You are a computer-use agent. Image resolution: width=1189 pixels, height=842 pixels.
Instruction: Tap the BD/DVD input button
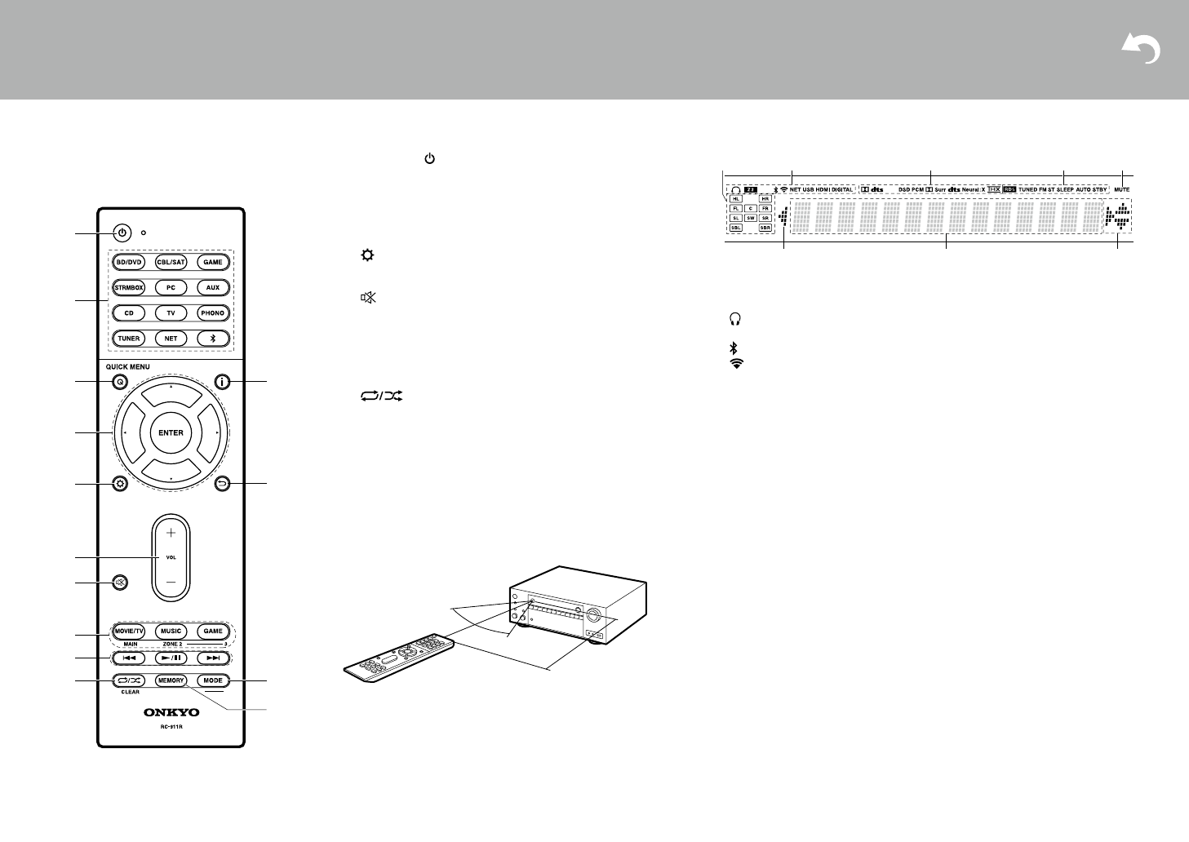[129, 263]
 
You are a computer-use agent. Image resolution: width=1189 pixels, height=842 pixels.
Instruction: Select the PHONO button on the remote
[213, 313]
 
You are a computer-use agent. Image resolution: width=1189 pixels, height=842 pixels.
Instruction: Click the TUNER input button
[129, 339]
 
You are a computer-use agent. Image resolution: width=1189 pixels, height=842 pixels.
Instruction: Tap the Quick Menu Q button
[121, 382]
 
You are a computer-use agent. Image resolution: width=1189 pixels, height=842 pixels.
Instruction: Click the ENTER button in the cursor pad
[171, 433]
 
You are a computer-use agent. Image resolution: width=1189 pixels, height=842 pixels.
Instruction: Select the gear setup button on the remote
[121, 484]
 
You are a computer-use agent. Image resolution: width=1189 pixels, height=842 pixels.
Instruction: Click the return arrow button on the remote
[222, 485]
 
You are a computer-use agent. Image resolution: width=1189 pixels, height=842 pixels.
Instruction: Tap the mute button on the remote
[121, 583]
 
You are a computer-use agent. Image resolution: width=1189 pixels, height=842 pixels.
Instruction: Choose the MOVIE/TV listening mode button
[129, 631]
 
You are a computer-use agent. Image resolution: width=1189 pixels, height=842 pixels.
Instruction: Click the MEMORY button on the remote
[171, 680]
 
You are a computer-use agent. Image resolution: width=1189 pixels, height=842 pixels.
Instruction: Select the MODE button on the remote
[213, 680]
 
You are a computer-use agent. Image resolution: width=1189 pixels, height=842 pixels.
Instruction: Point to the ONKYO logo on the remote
[171, 712]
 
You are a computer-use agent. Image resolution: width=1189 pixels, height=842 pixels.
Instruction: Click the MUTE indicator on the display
[1121, 189]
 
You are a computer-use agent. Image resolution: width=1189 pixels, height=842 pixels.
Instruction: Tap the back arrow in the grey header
[1142, 50]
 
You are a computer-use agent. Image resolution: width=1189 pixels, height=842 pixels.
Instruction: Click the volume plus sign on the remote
[171, 532]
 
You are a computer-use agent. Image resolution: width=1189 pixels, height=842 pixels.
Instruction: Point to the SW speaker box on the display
[750, 219]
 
